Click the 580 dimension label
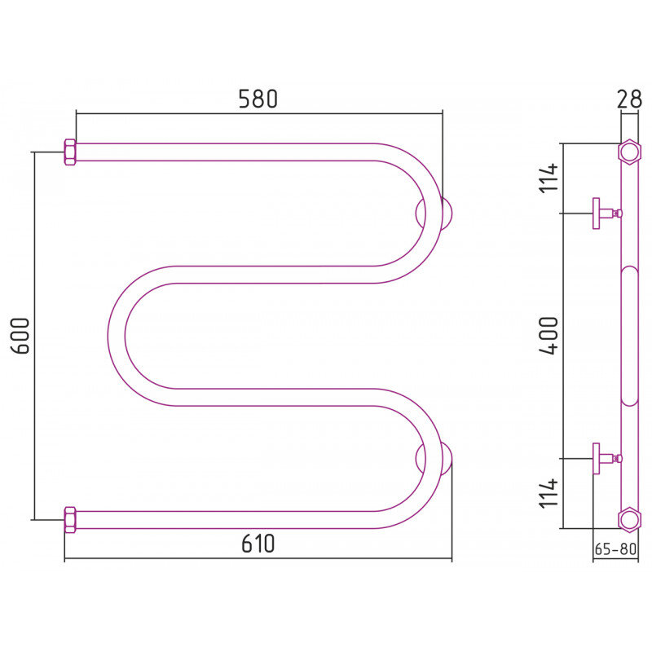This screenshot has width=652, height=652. [x=258, y=99]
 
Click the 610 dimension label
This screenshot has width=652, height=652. [x=258, y=544]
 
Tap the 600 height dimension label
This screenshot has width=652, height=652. [x=20, y=336]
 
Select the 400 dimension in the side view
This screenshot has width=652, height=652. [x=548, y=336]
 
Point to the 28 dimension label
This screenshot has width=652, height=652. [x=629, y=99]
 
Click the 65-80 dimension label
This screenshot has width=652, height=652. [x=615, y=548]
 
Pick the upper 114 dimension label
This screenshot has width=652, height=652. [x=548, y=178]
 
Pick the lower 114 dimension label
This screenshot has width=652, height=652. [x=548, y=494]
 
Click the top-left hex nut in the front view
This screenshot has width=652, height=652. [x=70, y=152]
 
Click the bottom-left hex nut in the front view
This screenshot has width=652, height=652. [x=70, y=520]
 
